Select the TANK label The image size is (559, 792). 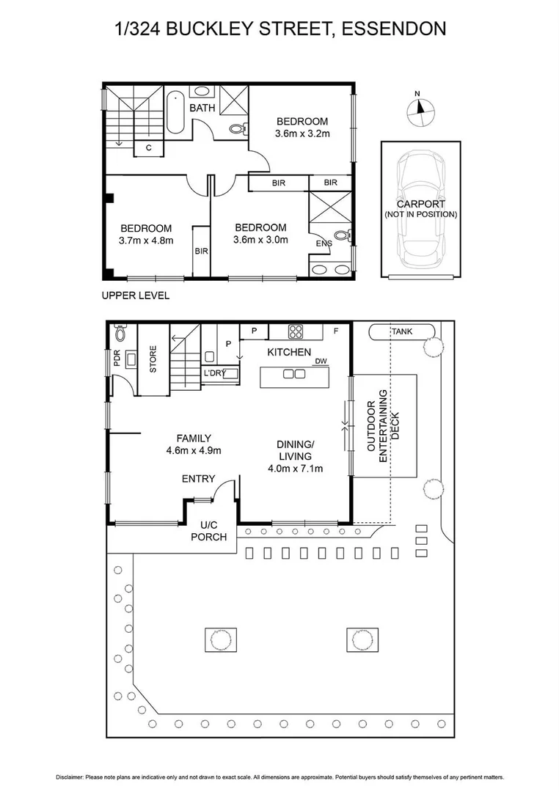click(401, 331)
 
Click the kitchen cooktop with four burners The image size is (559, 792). click(296, 331)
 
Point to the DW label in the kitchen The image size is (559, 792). click(321, 361)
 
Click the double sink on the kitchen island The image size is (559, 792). click(294, 374)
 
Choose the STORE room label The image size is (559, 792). click(153, 359)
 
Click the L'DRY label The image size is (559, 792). click(214, 373)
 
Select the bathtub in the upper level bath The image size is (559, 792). click(175, 113)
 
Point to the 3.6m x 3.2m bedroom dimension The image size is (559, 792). click(302, 133)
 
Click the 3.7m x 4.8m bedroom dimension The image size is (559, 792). click(146, 240)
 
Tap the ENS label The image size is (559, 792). click(324, 243)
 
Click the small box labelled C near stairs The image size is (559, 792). click(148, 147)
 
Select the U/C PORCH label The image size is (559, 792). click(209, 531)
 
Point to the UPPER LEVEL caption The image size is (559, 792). click(136, 296)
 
